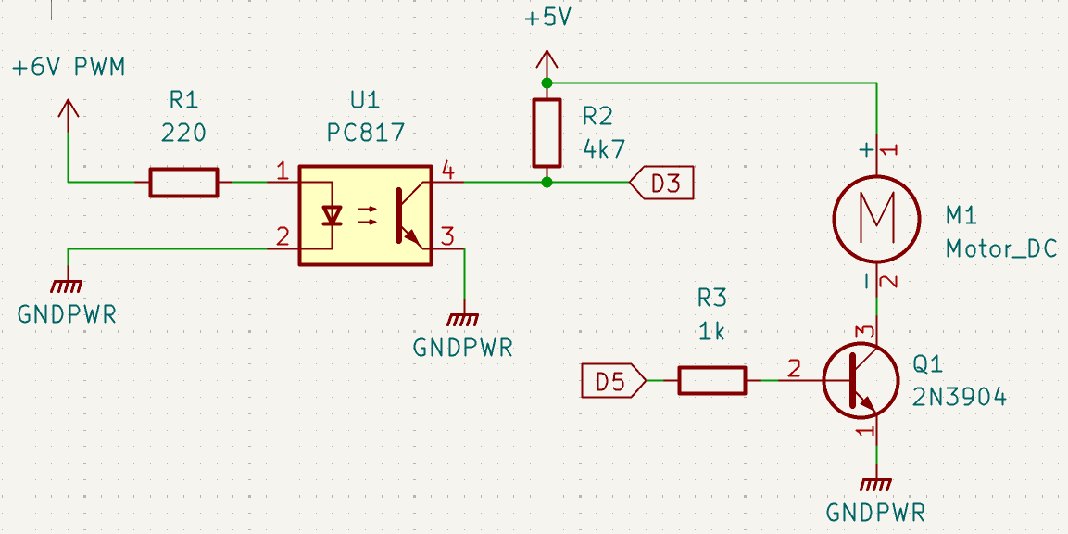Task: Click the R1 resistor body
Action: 183,183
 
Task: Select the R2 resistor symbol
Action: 547,133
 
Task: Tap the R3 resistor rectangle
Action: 711,380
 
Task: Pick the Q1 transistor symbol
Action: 860,380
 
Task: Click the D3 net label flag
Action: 660,184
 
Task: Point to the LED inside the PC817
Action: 332,215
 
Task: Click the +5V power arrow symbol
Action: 547,63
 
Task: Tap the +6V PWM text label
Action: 69,68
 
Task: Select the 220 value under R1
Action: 183,133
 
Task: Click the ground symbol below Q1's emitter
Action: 875,484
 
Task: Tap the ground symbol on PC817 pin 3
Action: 462,320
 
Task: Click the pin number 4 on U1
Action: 447,170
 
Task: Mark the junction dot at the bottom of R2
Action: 547,183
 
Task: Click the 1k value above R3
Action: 711,331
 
